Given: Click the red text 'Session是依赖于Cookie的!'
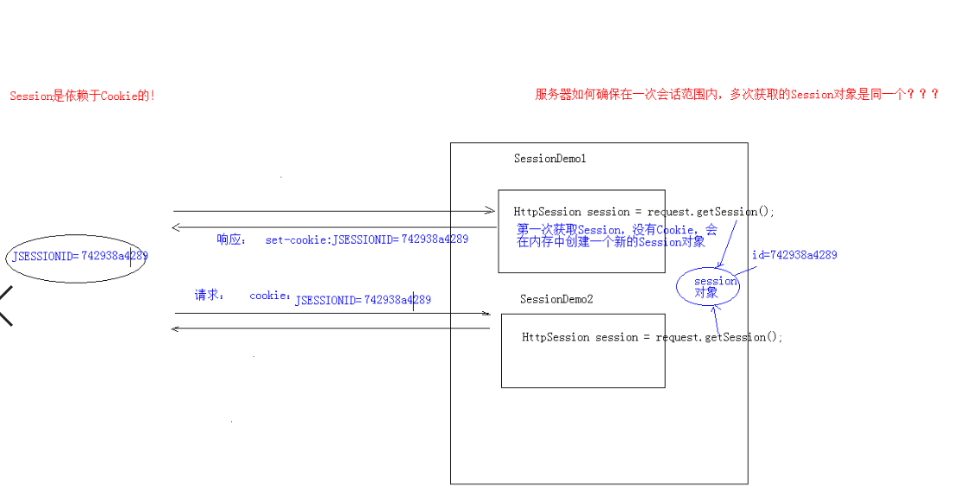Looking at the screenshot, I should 82,97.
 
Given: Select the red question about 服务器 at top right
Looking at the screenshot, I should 737,95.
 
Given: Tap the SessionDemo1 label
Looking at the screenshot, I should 549,159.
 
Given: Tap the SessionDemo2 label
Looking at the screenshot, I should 556,299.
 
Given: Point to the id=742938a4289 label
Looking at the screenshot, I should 793,255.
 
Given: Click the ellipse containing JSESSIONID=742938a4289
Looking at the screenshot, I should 77,256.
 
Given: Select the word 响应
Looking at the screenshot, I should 231,240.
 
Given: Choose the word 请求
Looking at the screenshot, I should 209,295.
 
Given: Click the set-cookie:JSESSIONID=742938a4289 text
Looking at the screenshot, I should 367,240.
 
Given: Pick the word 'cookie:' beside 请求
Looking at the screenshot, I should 270,296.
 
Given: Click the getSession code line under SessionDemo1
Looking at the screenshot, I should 643,212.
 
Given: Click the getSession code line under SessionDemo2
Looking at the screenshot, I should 652,337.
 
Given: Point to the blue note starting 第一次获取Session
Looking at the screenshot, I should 617,230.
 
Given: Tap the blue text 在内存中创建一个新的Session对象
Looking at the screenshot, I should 611,242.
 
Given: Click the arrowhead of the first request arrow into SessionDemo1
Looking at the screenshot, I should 491,211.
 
